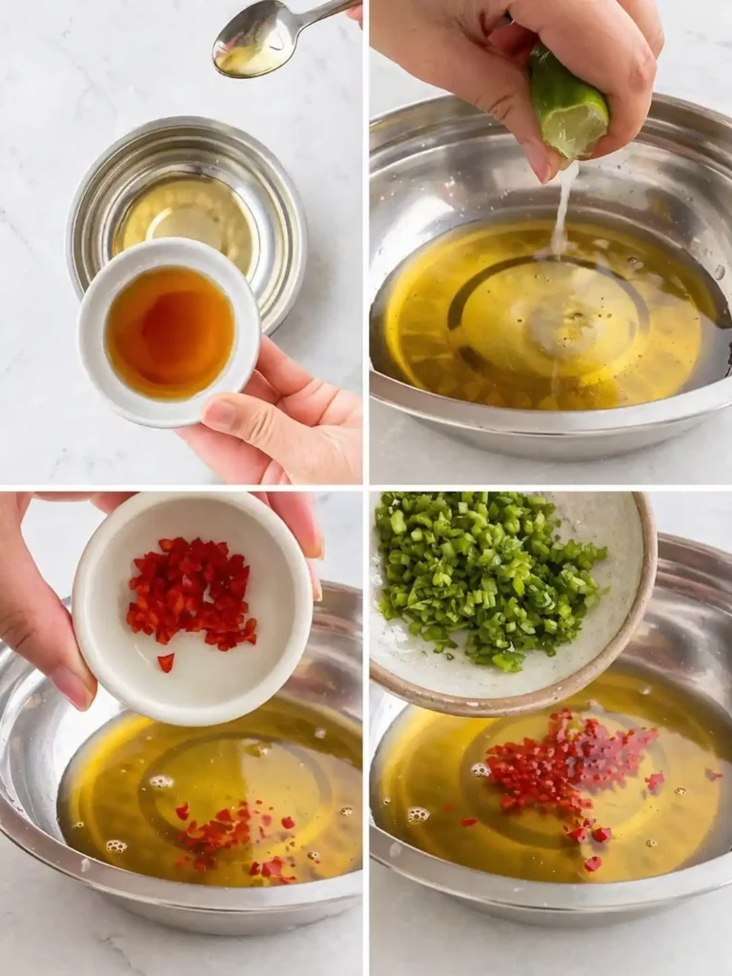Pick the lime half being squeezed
(569, 104)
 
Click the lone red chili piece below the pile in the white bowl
(166, 661)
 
